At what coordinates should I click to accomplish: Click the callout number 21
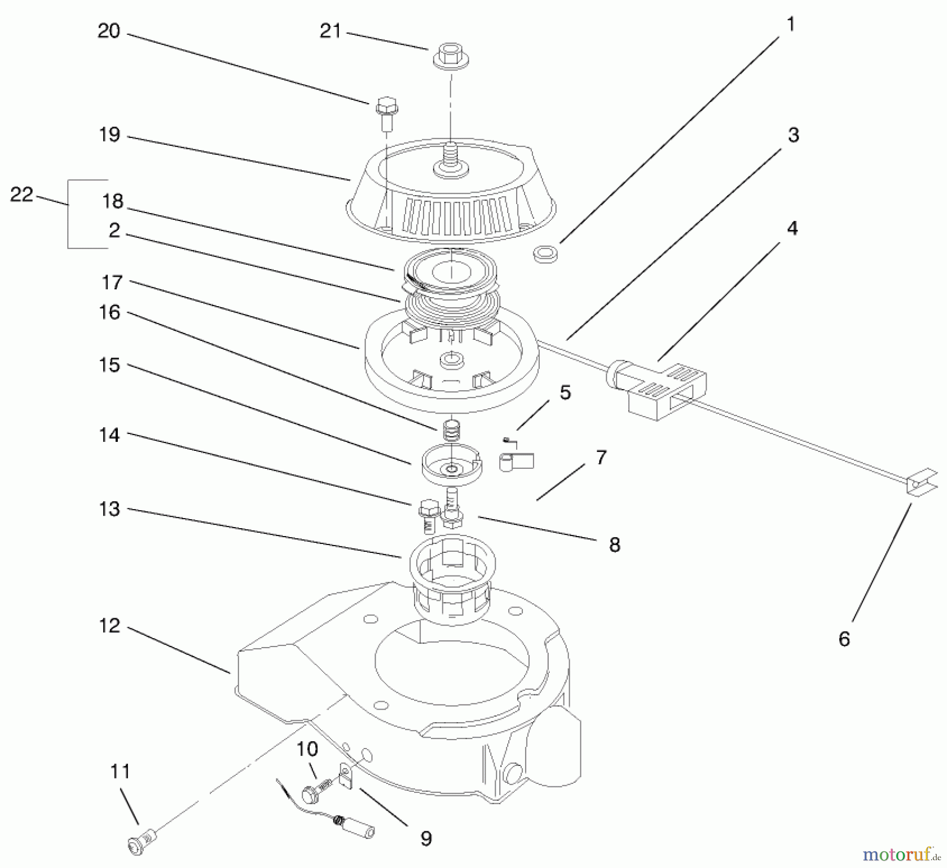[x=330, y=31]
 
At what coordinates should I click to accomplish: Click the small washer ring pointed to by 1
[x=546, y=254]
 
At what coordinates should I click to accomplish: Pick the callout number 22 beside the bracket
[x=22, y=195]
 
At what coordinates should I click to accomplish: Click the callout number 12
[x=109, y=625]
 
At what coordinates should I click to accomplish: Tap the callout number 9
[x=426, y=838]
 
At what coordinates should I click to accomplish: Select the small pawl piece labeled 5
[x=516, y=459]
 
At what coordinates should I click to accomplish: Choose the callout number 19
[x=109, y=135]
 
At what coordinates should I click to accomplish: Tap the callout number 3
[x=793, y=135]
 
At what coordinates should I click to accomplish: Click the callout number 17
[x=112, y=282]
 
